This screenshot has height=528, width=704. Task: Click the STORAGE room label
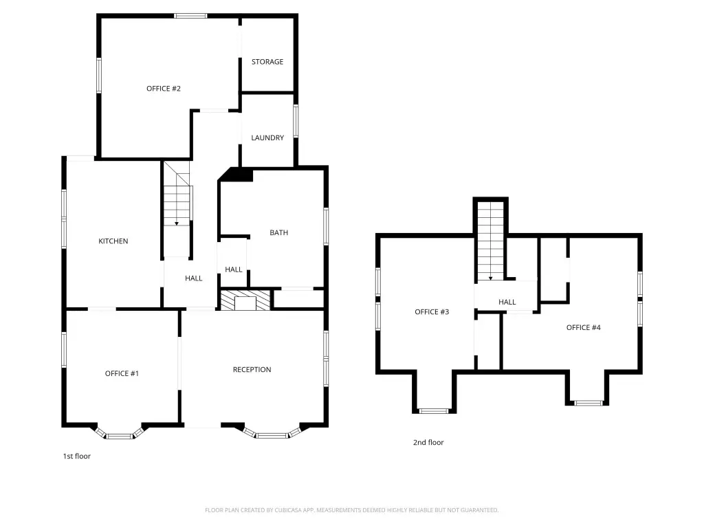point(267,61)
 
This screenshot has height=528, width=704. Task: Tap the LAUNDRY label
point(267,137)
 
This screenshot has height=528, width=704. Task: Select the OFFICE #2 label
point(164,89)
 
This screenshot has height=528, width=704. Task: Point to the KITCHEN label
point(113,241)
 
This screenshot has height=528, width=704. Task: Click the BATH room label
point(279,232)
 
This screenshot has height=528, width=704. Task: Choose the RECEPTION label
point(252,369)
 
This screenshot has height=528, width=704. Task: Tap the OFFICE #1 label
point(122,373)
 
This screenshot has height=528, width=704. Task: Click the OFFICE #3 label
point(432,311)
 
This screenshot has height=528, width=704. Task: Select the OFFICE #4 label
point(583,327)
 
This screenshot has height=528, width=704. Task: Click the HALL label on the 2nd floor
point(507,302)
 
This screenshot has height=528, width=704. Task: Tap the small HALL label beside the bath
point(234,269)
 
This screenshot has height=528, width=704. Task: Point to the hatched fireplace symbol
point(245,300)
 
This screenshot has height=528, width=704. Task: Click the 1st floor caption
point(77,456)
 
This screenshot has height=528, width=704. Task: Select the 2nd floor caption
point(428,442)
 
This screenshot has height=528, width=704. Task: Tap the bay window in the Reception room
point(272,433)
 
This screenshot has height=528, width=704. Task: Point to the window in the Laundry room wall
point(296,121)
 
